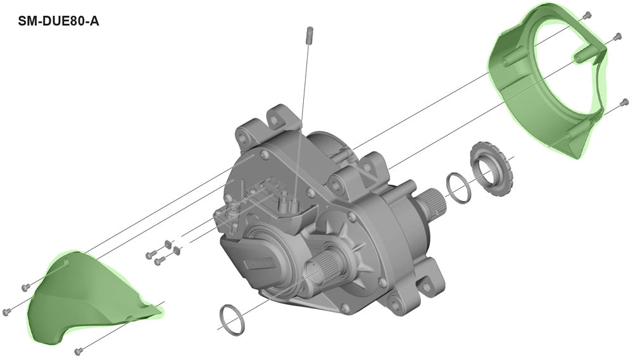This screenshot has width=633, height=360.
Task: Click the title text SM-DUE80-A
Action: (x=58, y=21)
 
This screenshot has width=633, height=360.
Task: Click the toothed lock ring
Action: (x=491, y=168)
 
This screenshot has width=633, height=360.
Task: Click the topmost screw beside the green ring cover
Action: (x=587, y=16)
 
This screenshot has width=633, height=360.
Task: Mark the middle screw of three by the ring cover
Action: (x=617, y=37)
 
